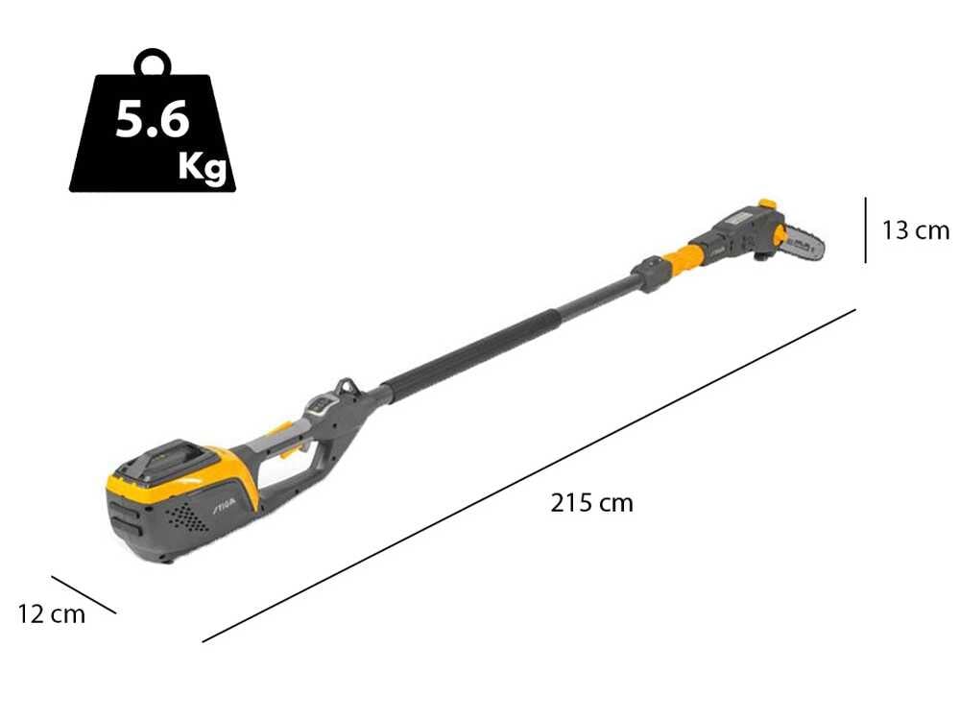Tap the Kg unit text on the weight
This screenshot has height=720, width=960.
(x=203, y=167)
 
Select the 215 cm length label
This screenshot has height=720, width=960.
(x=591, y=502)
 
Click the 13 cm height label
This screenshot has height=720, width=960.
(x=915, y=230)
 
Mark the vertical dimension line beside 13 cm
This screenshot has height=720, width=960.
(x=866, y=230)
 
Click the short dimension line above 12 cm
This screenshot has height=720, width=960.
(x=84, y=594)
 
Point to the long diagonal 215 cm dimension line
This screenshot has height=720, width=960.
(x=528, y=475)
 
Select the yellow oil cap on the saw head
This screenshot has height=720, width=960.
(x=766, y=204)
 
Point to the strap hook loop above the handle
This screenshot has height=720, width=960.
(x=348, y=389)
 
